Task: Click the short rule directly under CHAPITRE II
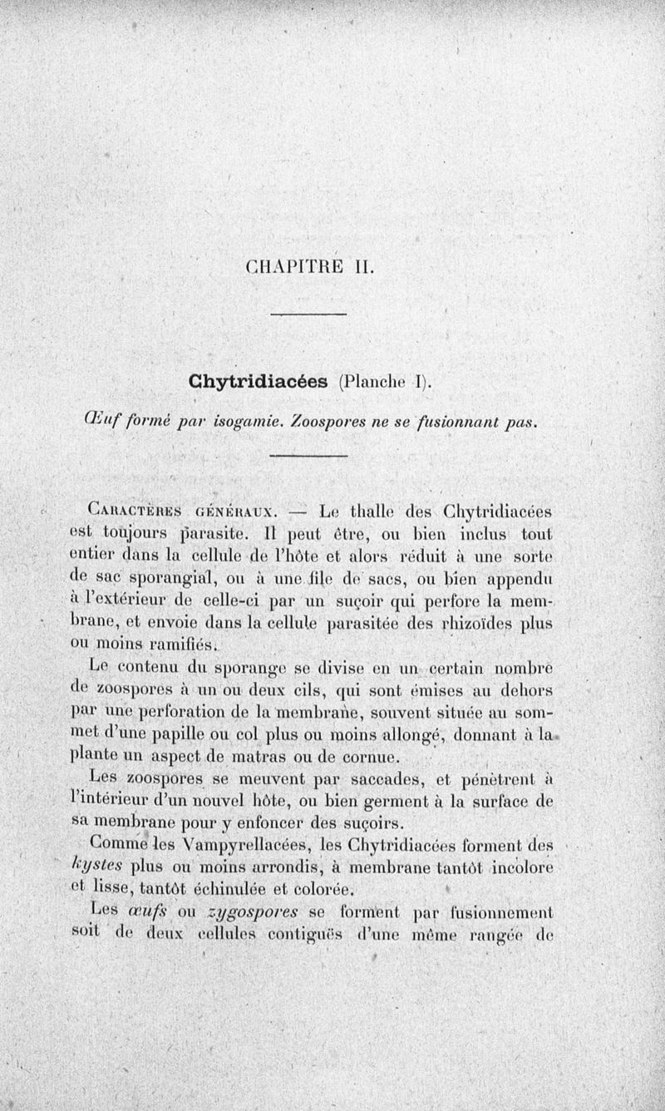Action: point(308,313)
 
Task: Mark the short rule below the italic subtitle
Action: point(308,456)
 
